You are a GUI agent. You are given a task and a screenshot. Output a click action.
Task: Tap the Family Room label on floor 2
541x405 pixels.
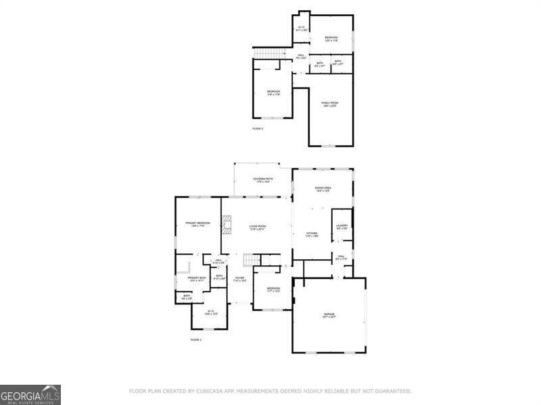click(x=329, y=104)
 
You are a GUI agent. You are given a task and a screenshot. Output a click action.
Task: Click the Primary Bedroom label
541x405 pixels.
click(x=197, y=224)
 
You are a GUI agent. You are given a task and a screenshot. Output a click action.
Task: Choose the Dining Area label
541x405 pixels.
click(x=323, y=189)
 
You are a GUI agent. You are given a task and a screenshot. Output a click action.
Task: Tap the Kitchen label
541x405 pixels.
click(x=310, y=234)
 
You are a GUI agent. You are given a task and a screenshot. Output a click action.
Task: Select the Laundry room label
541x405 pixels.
click(x=342, y=227)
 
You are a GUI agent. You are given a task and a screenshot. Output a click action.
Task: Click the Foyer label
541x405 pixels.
click(x=239, y=278)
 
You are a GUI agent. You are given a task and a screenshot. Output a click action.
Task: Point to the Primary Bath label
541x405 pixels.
click(x=197, y=279)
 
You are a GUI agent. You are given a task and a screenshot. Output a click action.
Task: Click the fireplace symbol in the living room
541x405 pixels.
click(x=228, y=224)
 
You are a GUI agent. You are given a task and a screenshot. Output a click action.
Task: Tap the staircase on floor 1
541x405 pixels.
click(x=252, y=261)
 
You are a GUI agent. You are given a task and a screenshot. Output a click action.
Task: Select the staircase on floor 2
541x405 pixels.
click(x=264, y=53)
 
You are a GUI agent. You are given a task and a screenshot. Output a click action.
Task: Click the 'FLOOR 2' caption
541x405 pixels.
click(x=258, y=128)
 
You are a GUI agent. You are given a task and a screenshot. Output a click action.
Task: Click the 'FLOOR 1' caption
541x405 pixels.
click(x=196, y=340)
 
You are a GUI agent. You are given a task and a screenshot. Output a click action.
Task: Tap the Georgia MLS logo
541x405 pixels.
click(x=30, y=394)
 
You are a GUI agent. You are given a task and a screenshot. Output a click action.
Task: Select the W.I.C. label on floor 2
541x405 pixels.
click(x=302, y=29)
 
